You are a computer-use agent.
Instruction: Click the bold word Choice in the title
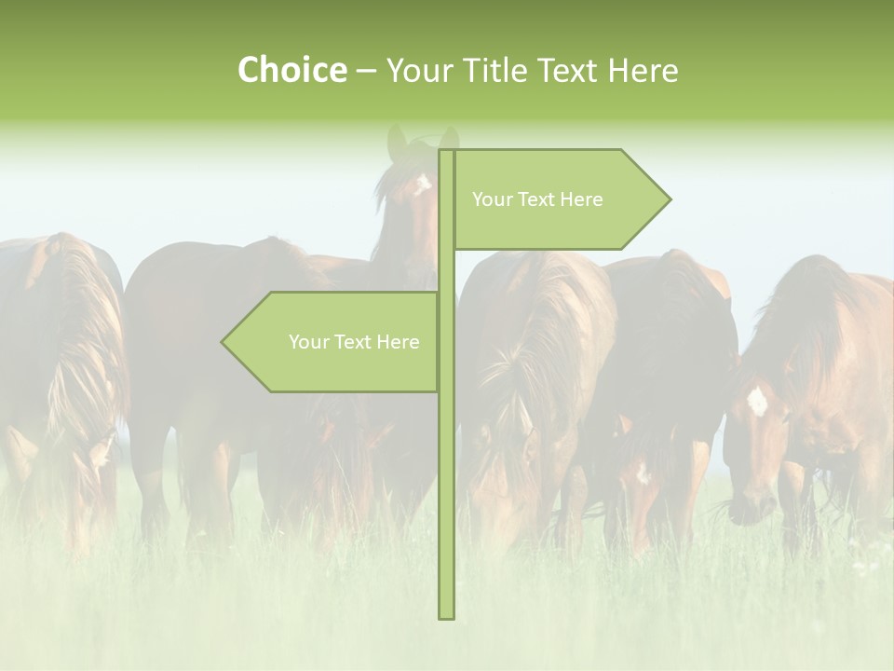[291, 70]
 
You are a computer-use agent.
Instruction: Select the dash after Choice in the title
[365, 72]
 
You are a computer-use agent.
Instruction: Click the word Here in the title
[643, 70]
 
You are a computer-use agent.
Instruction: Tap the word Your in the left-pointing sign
[308, 342]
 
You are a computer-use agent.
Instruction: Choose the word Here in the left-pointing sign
[398, 342]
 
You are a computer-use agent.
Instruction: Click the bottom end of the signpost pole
[446, 616]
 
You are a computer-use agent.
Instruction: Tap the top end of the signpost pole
[446, 152]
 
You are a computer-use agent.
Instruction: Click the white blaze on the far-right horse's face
[757, 402]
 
